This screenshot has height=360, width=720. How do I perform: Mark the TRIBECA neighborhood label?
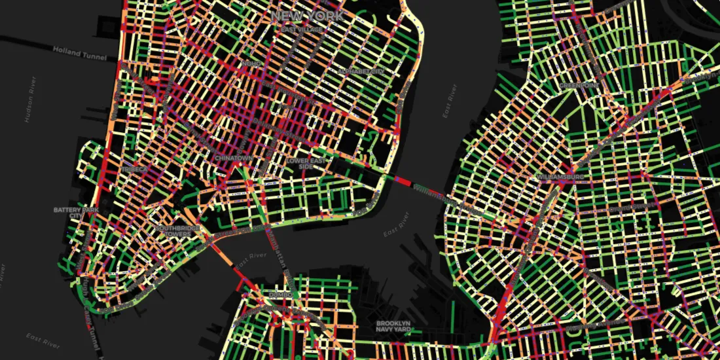coord(134,169)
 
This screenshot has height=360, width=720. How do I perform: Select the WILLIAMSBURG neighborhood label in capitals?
coord(559,177)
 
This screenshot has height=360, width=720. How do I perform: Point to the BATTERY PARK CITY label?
coord(69,213)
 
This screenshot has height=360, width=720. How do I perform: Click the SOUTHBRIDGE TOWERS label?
coord(173,231)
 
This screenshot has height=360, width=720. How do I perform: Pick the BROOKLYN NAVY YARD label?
coord(393,327)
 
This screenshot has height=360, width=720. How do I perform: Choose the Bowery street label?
coord(245,141)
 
